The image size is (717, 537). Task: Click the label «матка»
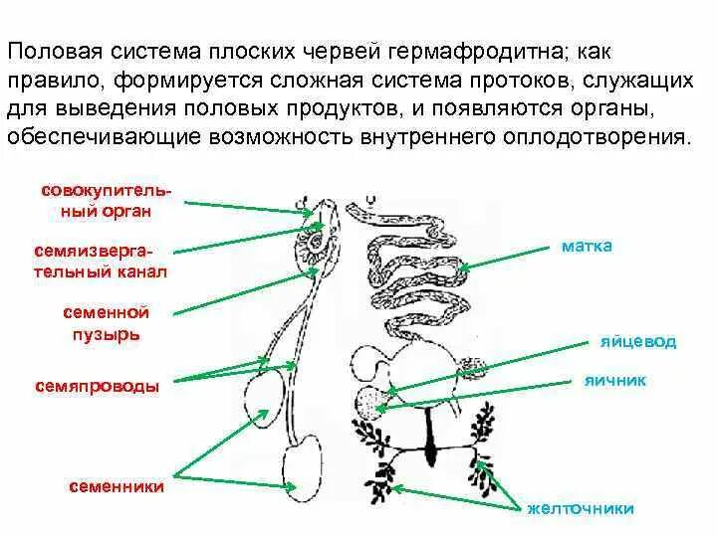pyautogui.click(x=585, y=246)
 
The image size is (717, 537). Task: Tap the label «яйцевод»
pyautogui.click(x=638, y=341)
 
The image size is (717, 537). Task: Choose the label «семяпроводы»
pyautogui.click(x=98, y=384)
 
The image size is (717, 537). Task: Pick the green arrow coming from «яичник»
pyautogui.click(x=478, y=392)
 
